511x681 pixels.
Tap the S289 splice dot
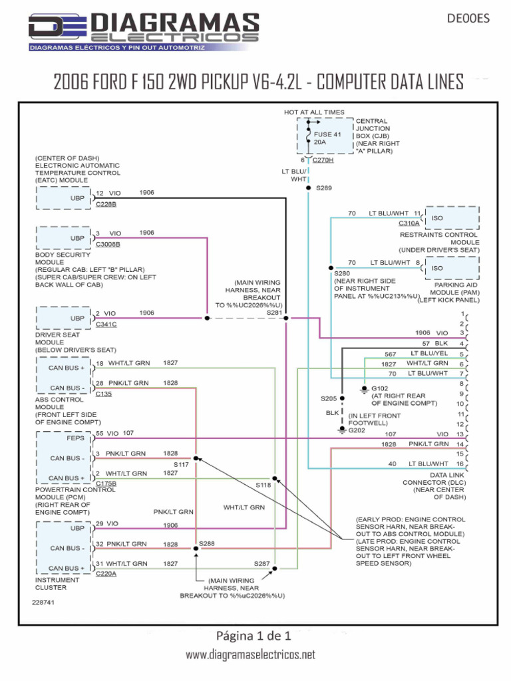(x=307, y=188)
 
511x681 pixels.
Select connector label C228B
(x=106, y=204)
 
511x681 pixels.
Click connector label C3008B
(x=108, y=244)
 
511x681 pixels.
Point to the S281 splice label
(x=274, y=312)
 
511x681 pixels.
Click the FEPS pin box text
(x=76, y=438)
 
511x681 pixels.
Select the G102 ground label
(x=379, y=388)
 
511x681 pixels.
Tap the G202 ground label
(x=357, y=430)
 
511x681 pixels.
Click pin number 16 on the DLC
(x=460, y=464)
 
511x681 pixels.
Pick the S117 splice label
(x=182, y=464)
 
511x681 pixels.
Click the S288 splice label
(x=207, y=543)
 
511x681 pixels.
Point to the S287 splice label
(x=261, y=563)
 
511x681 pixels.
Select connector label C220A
(x=106, y=573)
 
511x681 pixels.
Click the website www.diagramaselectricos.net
(x=250, y=655)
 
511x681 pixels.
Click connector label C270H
(x=323, y=160)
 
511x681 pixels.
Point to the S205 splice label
(x=329, y=398)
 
